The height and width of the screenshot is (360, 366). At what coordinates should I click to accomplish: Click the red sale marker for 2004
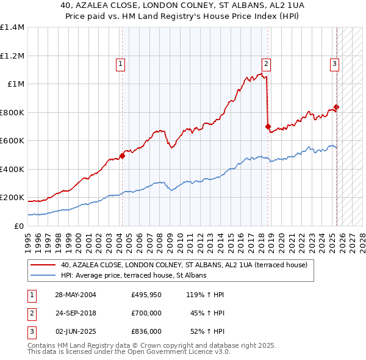tap(122, 156)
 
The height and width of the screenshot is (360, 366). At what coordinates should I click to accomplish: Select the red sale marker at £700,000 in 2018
tap(268, 127)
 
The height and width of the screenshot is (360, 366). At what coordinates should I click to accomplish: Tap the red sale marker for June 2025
tap(336, 107)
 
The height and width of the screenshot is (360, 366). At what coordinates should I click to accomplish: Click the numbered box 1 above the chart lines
tap(121, 63)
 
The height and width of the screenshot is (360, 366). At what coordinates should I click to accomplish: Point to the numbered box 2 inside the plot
tap(267, 63)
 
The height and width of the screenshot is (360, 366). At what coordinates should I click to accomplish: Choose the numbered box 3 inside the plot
tap(335, 63)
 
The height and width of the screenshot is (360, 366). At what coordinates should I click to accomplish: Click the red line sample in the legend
tap(43, 265)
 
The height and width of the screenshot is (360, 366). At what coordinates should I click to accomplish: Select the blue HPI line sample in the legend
tap(43, 276)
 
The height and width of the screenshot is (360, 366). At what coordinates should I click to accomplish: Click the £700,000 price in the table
tap(146, 313)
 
